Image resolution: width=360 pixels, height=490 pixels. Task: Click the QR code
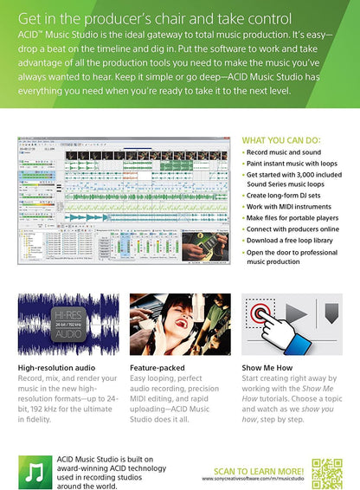[x=326, y=473]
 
